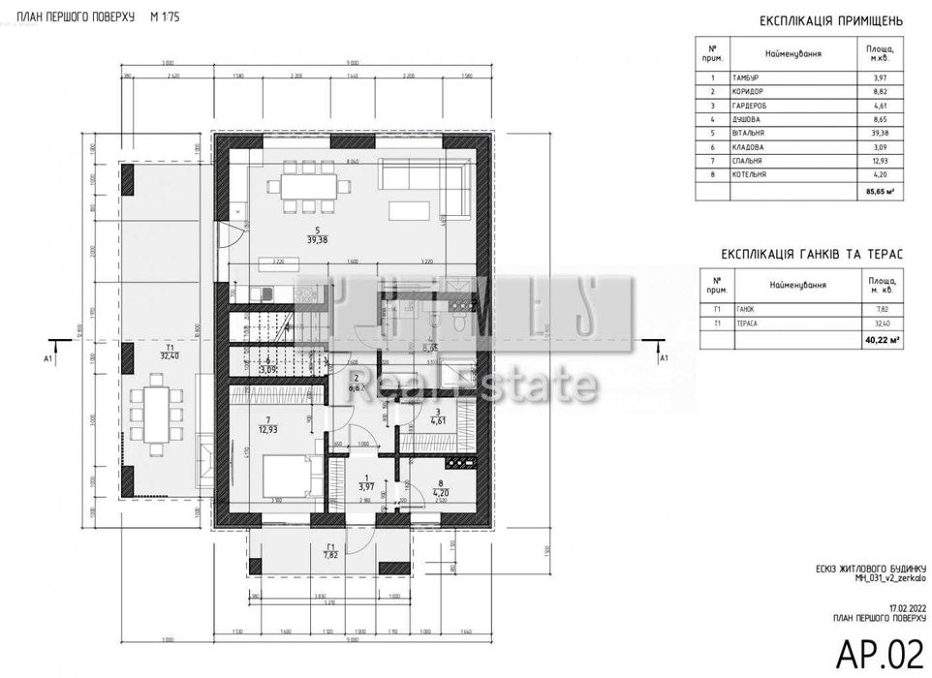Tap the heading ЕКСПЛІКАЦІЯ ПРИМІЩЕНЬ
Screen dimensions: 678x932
(x=830, y=20)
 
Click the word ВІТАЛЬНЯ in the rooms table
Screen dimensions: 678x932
(x=752, y=133)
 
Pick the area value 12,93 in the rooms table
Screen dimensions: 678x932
(x=881, y=161)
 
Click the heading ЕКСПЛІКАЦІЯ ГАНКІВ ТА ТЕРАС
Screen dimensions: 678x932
(x=812, y=254)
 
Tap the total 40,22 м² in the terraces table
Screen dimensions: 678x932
(x=881, y=339)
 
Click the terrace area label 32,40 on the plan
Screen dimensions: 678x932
(x=170, y=356)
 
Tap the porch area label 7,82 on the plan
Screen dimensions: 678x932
(x=331, y=556)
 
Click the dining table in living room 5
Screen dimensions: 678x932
(x=303, y=185)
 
